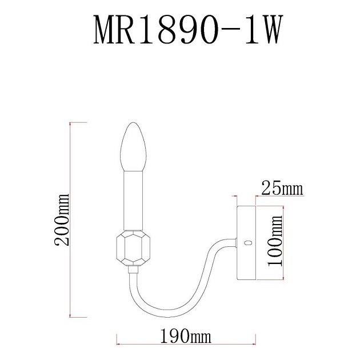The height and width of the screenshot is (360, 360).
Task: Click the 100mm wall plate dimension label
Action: [277, 242]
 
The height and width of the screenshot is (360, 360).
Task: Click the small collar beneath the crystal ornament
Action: [132, 268]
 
